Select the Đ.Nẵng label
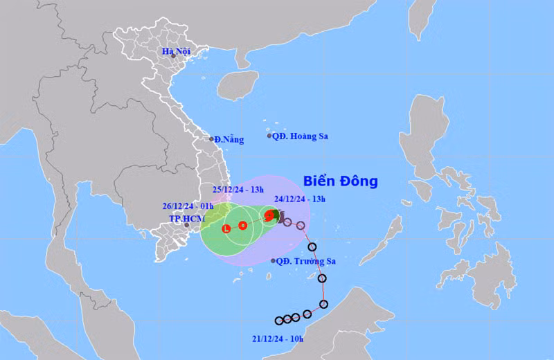(x=229, y=139)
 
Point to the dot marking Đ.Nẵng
(x=211, y=138)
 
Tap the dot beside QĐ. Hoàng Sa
(x=270, y=136)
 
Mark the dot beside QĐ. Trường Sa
(x=273, y=261)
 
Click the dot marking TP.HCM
(x=186, y=225)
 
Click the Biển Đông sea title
(x=341, y=181)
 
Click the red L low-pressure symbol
(x=226, y=228)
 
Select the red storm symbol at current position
(x=269, y=215)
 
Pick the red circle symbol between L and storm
(x=242, y=225)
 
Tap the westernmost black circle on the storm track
(x=279, y=321)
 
